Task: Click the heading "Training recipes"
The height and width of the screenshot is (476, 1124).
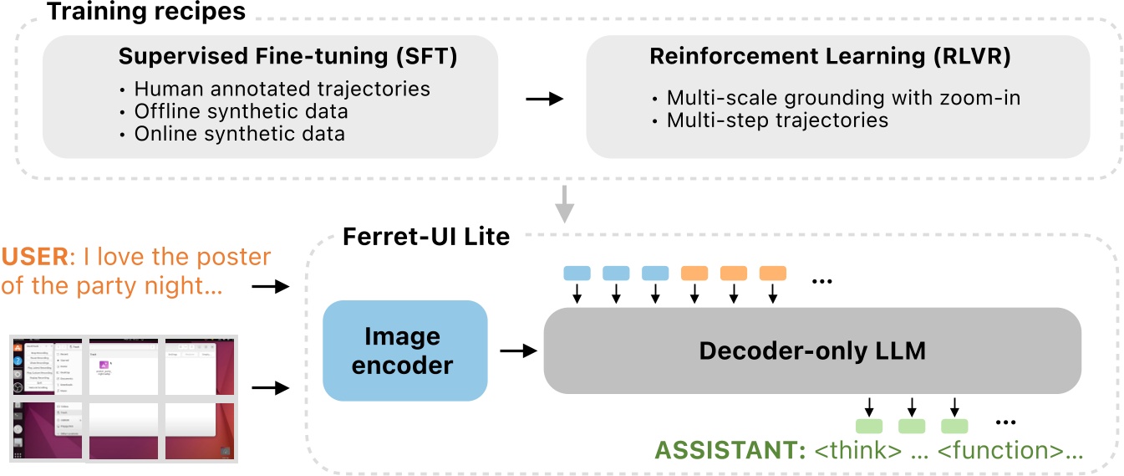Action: pyautogui.click(x=145, y=12)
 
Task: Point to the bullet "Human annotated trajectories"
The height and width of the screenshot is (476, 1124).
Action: pyautogui.click(x=282, y=89)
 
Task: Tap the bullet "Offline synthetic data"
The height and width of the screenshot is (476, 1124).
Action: pyautogui.click(x=241, y=110)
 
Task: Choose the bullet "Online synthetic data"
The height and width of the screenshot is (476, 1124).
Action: pyautogui.click(x=239, y=133)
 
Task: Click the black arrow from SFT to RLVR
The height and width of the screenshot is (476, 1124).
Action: pyautogui.click(x=544, y=99)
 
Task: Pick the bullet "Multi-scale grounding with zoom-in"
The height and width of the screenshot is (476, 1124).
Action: pyautogui.click(x=843, y=98)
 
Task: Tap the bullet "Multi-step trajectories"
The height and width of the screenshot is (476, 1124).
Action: pyautogui.click(x=776, y=120)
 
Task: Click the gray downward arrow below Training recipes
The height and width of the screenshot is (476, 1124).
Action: pyautogui.click(x=566, y=203)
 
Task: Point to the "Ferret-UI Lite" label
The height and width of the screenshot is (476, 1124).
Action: pyautogui.click(x=426, y=237)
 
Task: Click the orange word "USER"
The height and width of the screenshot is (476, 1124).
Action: pyautogui.click(x=34, y=257)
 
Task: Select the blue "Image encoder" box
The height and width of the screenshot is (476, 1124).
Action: pyautogui.click(x=404, y=351)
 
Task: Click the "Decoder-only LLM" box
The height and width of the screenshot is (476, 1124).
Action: pyautogui.click(x=812, y=351)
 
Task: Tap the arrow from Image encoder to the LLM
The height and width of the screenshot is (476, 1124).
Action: pyautogui.click(x=516, y=351)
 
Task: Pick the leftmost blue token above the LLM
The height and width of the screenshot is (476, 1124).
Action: pyautogui.click(x=577, y=273)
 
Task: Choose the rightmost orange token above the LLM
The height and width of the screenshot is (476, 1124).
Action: pyautogui.click(x=772, y=273)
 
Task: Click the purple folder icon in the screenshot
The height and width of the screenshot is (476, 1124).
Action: pyautogui.click(x=104, y=366)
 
